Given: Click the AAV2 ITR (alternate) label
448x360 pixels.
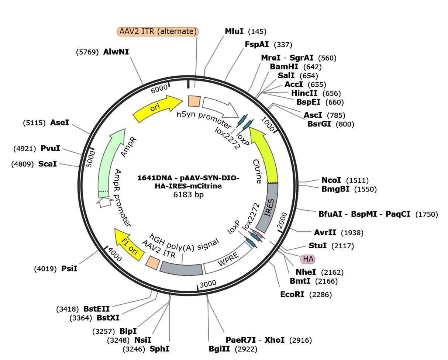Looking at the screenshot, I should (158, 32).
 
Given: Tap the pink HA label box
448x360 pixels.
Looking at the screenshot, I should (308, 259).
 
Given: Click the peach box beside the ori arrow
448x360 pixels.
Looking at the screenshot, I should (194, 101).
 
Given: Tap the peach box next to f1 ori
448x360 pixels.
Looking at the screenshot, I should (152, 262).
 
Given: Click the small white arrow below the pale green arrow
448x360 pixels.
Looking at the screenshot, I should (105, 202).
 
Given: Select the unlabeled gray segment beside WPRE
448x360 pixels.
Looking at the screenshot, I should (181, 269).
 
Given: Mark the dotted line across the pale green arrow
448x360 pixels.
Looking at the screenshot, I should (103, 191).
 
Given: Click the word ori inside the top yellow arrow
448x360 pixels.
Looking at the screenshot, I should (155, 108).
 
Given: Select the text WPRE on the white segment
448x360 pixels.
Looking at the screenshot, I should (228, 260).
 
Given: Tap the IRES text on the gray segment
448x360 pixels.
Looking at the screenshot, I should (270, 207).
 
